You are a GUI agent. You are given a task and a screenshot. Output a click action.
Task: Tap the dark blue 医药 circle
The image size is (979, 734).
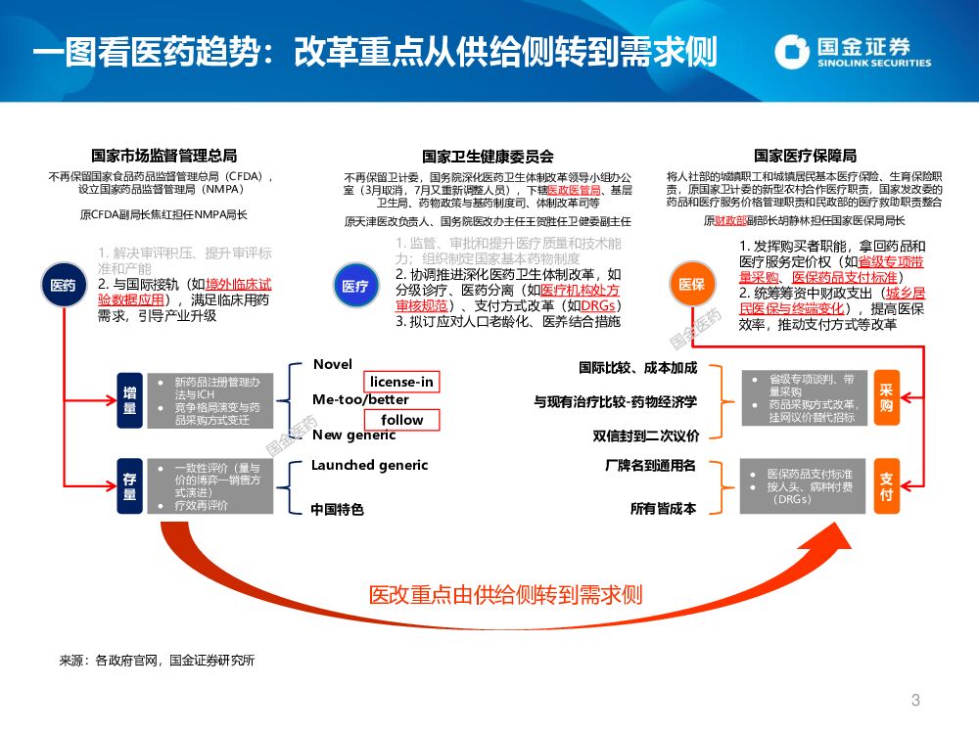(63, 286)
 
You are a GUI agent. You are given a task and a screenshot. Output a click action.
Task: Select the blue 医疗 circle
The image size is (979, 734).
(353, 286)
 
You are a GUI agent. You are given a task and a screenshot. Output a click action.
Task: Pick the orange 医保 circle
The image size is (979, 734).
(691, 284)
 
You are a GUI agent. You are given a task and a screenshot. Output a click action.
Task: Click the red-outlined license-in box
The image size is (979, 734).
(400, 381)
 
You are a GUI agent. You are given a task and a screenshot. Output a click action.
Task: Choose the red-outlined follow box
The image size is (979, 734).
(402, 420)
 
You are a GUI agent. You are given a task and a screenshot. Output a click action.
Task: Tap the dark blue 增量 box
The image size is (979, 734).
(129, 400)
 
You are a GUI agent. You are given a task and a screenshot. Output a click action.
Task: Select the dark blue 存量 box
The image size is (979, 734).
(129, 486)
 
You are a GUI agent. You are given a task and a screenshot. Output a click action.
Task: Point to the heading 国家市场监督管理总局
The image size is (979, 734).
(163, 156)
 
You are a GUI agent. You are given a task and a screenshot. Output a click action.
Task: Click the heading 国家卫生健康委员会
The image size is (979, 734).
(488, 156)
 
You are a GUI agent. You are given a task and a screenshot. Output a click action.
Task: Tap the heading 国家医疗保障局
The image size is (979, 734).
(805, 156)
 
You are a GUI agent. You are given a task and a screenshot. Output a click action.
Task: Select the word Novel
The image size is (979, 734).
(333, 365)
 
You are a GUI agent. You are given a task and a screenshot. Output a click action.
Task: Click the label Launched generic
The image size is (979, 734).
(370, 465)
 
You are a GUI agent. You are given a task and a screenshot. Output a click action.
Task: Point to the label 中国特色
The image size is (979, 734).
(337, 509)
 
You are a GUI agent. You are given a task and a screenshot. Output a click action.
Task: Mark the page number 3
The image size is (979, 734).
(915, 700)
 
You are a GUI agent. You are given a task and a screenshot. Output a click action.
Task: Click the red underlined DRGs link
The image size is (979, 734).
(598, 304)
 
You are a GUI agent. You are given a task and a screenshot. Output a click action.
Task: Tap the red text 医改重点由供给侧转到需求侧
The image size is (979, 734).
(505, 594)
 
